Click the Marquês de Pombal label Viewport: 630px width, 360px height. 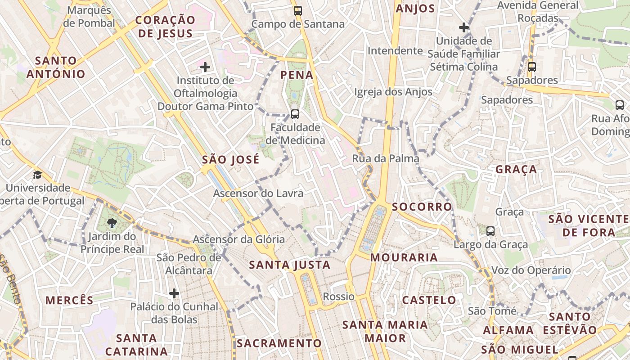click(x=89, y=17)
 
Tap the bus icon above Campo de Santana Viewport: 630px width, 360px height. click(x=297, y=11)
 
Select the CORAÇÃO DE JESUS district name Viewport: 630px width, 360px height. click(x=165, y=27)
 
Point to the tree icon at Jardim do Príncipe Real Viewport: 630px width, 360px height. click(x=112, y=223)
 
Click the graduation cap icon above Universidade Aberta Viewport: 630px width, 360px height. click(x=37, y=175)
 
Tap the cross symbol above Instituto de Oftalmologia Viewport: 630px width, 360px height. click(x=205, y=67)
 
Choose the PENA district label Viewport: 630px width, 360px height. click(x=297, y=75)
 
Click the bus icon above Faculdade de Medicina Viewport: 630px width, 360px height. click(x=295, y=114)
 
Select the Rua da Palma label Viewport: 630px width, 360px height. click(x=385, y=158)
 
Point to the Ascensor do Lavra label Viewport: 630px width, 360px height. click(x=258, y=193)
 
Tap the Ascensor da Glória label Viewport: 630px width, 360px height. click(x=239, y=239)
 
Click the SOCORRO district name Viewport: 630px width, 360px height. click(x=422, y=207)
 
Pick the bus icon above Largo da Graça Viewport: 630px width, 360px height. click(x=490, y=231)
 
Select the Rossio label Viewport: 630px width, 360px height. click(x=338, y=297)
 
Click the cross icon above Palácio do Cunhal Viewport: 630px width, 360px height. click(x=174, y=294)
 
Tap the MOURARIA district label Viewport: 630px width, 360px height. click(x=404, y=257)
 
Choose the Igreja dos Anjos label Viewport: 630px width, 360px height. click(x=393, y=92)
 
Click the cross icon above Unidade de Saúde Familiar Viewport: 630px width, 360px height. click(x=464, y=28)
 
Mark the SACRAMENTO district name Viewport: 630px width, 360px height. click(x=279, y=343)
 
